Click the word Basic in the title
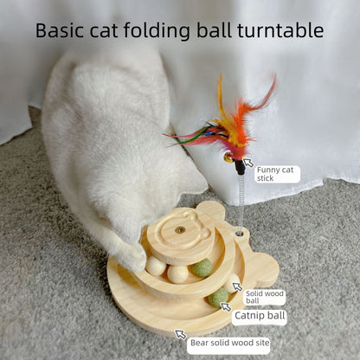click(x=60, y=31)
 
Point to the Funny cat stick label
click(x=276, y=173)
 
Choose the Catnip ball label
click(x=259, y=316)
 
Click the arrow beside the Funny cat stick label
click(x=248, y=162)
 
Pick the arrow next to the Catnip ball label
click(x=227, y=307)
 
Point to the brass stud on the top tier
click(x=179, y=228)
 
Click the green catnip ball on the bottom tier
click(x=218, y=297)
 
